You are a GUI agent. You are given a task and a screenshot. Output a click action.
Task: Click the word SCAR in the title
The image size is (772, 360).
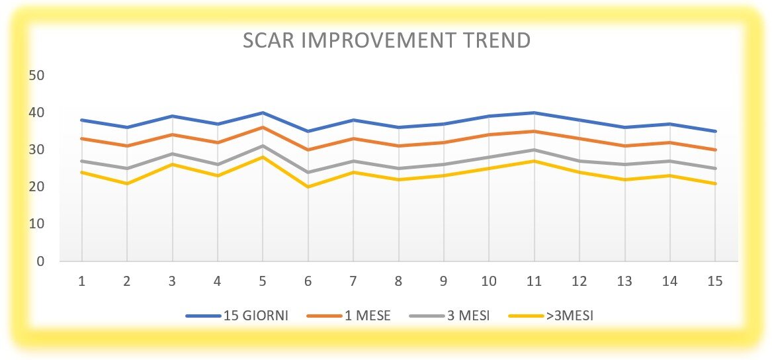click(269, 40)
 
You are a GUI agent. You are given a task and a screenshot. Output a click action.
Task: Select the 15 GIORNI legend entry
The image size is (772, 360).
click(236, 316)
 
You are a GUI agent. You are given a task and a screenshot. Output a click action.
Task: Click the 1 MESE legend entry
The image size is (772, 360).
click(349, 316)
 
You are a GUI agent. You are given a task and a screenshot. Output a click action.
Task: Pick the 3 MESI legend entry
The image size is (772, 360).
click(450, 316)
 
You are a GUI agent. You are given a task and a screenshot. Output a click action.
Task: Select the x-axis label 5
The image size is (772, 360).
click(263, 281)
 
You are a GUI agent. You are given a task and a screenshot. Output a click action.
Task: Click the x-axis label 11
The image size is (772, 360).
click(535, 281)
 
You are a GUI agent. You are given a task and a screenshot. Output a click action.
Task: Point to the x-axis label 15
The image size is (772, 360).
click(715, 281)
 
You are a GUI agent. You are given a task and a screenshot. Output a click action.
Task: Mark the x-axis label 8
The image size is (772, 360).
click(398, 281)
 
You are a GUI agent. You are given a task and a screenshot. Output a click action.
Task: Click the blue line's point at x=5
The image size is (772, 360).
click(263, 112)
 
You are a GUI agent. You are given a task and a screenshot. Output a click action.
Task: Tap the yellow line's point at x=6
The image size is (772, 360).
click(308, 187)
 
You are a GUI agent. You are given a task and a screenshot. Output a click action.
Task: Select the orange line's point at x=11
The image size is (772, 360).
click(535, 132)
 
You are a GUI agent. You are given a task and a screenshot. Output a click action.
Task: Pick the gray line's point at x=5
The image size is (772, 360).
click(263, 146)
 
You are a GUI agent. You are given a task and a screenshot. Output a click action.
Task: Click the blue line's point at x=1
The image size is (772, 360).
click(82, 120)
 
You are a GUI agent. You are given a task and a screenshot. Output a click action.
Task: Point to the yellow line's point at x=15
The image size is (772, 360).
click(715, 183)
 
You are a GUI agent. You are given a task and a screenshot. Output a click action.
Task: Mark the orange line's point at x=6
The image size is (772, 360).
click(308, 150)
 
